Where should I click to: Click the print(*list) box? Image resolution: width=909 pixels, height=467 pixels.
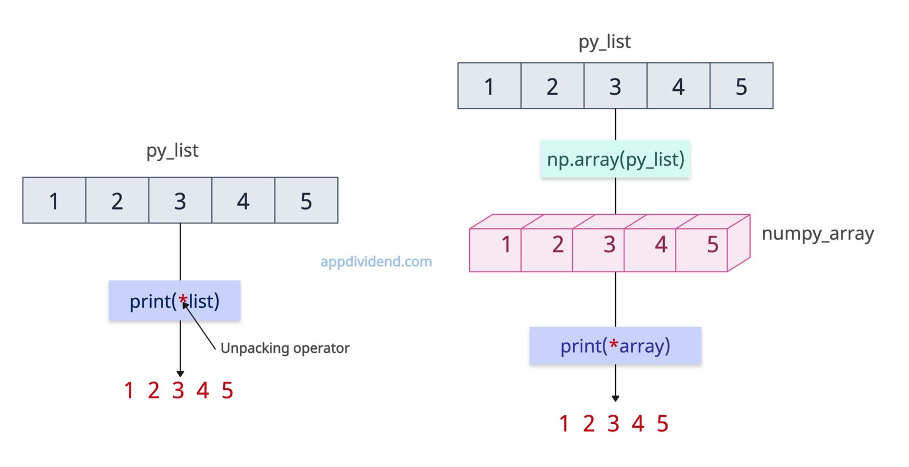pos(174,301)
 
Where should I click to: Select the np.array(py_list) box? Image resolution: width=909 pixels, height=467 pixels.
pos(615,159)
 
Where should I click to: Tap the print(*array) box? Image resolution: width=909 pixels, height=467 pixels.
pos(615,345)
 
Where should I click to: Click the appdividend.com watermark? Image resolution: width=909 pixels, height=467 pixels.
pos(376,261)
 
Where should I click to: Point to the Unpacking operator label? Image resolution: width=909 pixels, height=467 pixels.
pos(285,348)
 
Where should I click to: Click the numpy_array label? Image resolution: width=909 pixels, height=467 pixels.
pos(817,233)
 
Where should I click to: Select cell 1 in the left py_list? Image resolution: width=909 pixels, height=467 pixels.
pos(54,201)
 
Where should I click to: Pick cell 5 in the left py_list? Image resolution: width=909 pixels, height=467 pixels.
pos(306,201)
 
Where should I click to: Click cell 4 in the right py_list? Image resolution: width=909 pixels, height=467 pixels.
pos(678,86)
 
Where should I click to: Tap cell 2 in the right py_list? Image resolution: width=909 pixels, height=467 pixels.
pos(552,86)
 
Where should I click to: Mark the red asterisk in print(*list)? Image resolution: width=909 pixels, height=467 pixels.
pos(183,299)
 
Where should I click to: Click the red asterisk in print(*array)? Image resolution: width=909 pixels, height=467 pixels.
pos(614,344)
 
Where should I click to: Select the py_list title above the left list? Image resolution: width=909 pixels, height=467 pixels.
pos(172,151)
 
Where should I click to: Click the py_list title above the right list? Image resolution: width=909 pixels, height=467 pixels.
pos(604,42)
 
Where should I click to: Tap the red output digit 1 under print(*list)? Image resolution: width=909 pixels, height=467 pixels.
pos(129,391)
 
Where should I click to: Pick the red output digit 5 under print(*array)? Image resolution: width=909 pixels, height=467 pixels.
pos(662,424)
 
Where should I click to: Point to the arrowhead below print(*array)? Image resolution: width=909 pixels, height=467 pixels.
pos(615,398)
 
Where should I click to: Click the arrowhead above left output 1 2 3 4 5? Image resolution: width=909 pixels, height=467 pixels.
pos(180,373)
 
